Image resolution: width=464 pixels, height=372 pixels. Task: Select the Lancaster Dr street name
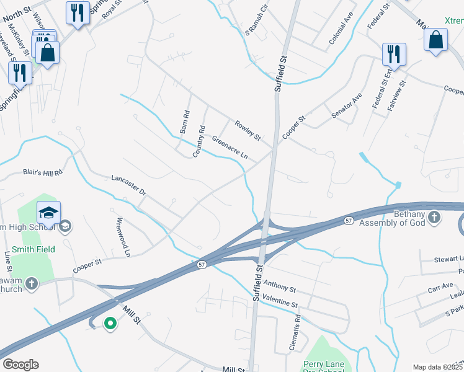128,185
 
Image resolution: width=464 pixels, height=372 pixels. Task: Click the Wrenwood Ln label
123,237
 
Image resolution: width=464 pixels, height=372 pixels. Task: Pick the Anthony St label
280,288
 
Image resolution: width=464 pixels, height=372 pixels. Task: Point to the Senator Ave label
346,106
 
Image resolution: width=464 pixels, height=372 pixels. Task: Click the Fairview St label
396,95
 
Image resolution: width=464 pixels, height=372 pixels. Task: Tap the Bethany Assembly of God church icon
434,218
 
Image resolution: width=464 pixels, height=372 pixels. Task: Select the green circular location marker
110,323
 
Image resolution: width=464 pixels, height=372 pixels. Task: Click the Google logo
20,365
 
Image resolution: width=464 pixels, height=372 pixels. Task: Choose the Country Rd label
199,141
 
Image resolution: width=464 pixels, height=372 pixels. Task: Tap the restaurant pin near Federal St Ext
393,55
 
